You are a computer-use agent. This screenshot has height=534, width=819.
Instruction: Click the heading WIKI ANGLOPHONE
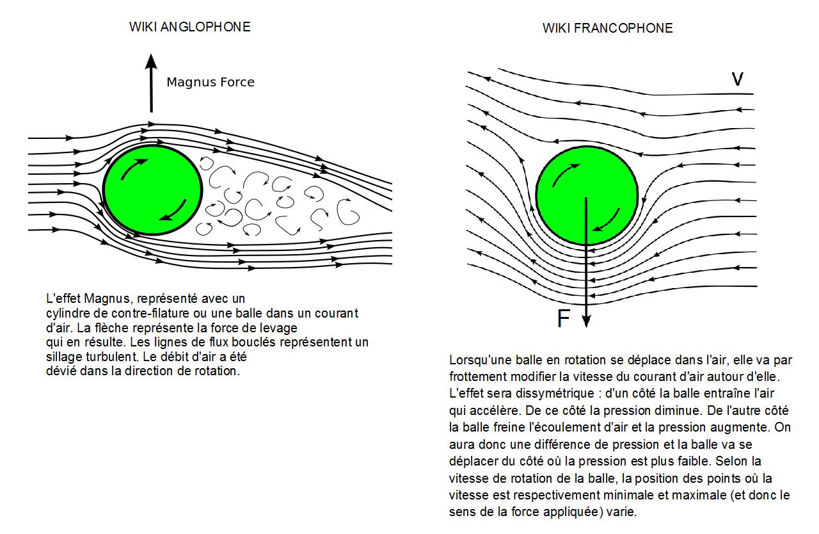tap(189, 27)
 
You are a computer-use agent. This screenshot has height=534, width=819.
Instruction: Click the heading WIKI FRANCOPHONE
tap(607, 28)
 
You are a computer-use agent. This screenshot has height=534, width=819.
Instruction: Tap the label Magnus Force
tap(211, 82)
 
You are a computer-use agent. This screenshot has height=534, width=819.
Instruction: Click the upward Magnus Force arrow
tap(152, 83)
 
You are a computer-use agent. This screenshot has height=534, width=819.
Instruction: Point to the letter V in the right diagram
tap(737, 79)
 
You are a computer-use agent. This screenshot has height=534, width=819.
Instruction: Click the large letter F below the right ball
tap(563, 318)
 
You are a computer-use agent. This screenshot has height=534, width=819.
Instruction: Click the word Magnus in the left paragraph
tap(106, 299)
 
